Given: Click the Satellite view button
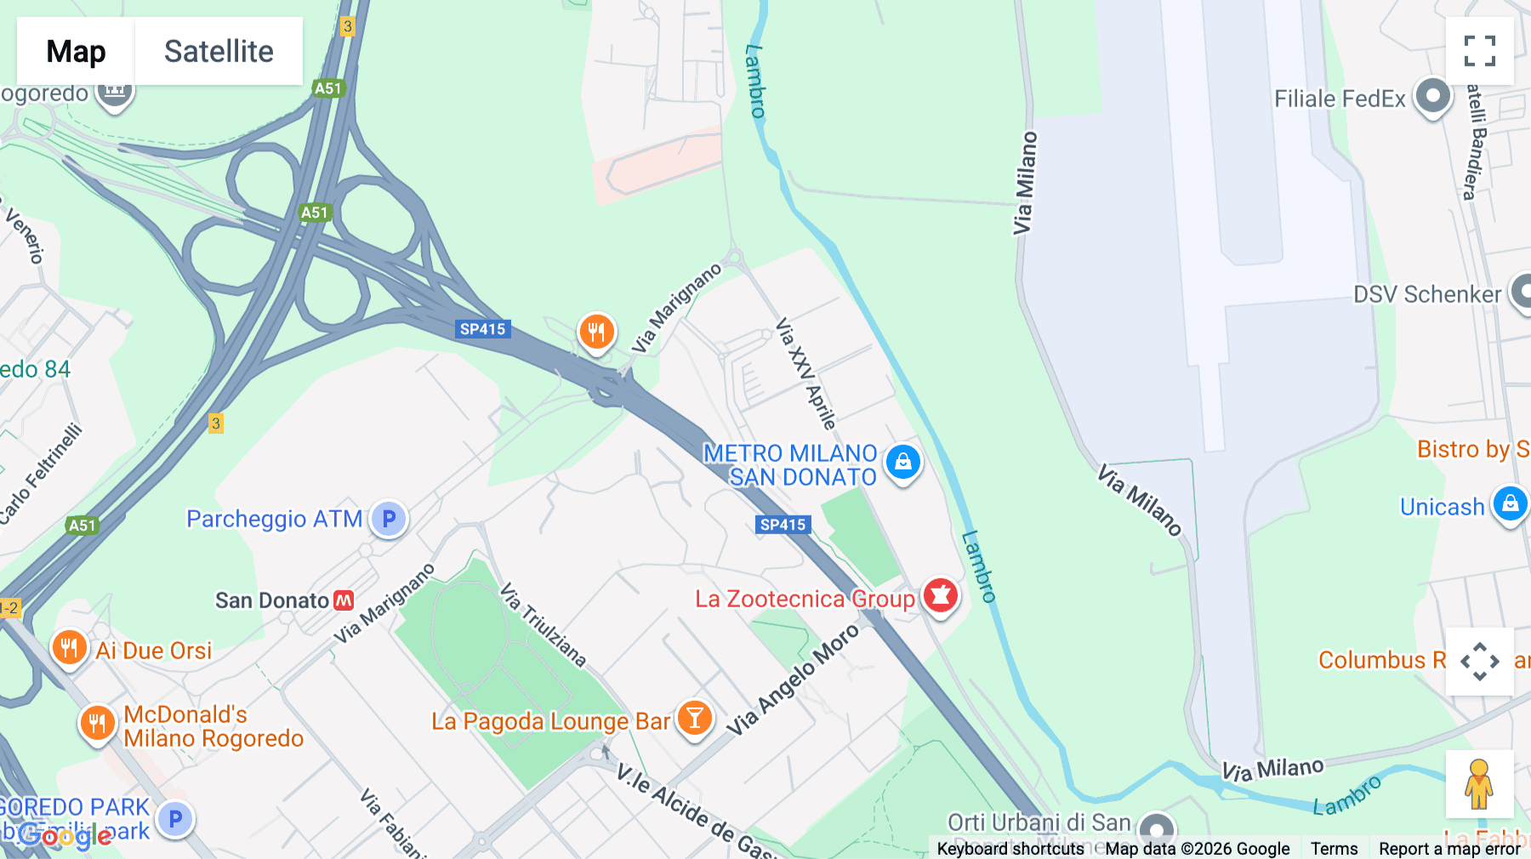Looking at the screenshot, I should tap(219, 51).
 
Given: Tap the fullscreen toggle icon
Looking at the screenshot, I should tap(1479, 51).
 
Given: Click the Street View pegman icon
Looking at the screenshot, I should tap(1479, 783).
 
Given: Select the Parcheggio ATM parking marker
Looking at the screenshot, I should tap(389, 518).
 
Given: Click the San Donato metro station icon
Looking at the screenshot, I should tap(344, 600).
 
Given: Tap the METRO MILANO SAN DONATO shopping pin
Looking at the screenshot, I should tap(903, 462).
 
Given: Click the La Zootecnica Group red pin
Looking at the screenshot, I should tap(940, 595).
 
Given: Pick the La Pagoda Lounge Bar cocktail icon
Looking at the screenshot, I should tap(695, 718).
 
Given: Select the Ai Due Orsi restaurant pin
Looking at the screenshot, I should tap(69, 648).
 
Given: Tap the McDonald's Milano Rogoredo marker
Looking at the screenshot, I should tap(97, 724).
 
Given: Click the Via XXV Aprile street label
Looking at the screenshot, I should tap(805, 373).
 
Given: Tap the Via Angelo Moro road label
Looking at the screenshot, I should tap(793, 680).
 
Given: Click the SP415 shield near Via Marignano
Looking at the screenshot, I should tap(482, 329).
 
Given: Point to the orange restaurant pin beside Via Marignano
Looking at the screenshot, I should tap(596, 331).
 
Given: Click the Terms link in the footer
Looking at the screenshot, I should tap(1334, 848).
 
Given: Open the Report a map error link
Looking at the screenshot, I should tap(1449, 848).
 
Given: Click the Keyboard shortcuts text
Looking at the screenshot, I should tap(1010, 848).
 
